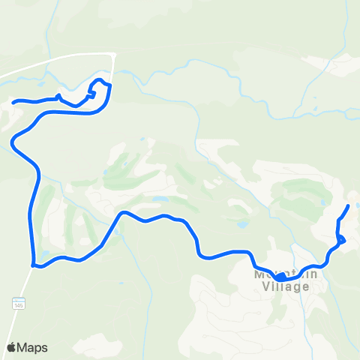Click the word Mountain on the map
coord(286,274)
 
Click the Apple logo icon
coord(12,347)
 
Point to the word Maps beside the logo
coord(34,347)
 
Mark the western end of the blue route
coord(14,100)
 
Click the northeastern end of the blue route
coord(349,205)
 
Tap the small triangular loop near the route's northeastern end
coord(341,240)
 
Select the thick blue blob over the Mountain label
coord(279,277)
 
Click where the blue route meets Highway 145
coord(32,264)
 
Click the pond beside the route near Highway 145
coord(46,253)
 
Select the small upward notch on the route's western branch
coord(58,95)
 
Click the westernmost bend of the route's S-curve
coord(13,140)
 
